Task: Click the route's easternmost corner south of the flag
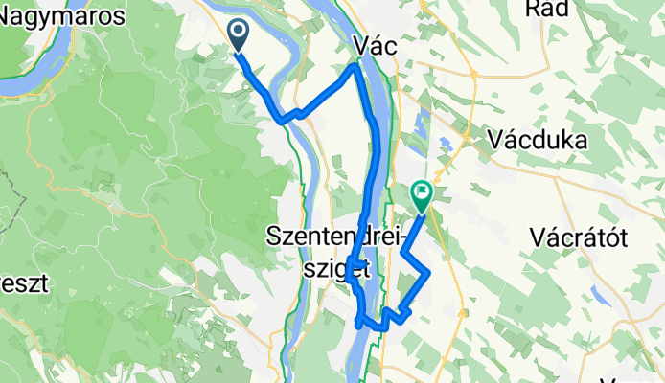pyautogui.click(x=428, y=274)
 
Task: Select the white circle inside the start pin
pyautogui.click(x=238, y=32)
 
